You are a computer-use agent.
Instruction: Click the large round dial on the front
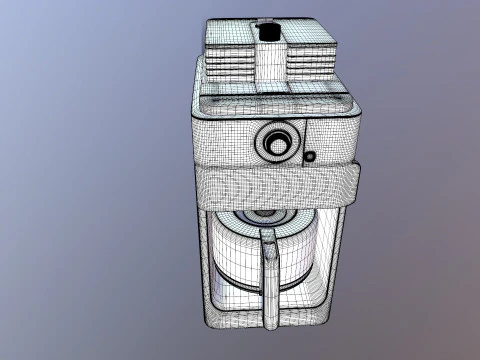pyautogui.click(x=276, y=142)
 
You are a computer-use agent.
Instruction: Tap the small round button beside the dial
pyautogui.click(x=310, y=156)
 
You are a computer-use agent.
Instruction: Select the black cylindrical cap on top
pyautogui.click(x=267, y=32)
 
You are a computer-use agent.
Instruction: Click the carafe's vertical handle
pyautogui.click(x=269, y=275)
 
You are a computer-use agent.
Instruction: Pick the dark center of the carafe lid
pyautogui.click(x=263, y=214)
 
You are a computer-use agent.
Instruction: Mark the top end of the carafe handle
pyautogui.click(x=268, y=236)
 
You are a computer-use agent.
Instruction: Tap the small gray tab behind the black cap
pyautogui.click(x=265, y=20)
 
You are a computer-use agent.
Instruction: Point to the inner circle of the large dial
pyautogui.click(x=277, y=143)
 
